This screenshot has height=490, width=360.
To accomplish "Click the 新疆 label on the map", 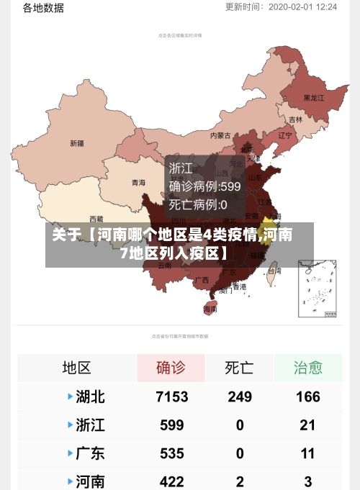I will pos(76,143).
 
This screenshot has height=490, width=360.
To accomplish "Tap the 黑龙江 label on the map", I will pos(314,98).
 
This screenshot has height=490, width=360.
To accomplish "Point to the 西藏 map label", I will pos(96,219).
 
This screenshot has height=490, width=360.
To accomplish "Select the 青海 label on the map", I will pos(138,183).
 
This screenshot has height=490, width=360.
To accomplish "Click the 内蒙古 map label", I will pos(220,135).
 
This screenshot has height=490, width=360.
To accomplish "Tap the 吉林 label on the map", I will pos(295,119).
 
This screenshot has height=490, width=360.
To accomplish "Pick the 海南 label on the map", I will pos(210,309).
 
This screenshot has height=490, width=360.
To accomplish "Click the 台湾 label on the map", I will pos(274,271).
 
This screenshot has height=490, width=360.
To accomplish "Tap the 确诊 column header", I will pos(171,368).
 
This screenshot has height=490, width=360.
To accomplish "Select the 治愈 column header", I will pos(307,368).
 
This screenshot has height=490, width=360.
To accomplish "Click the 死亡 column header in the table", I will pos(239,368).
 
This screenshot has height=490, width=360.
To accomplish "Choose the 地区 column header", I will pos(76,368).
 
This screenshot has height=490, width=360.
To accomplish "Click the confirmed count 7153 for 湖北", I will pos(171,396).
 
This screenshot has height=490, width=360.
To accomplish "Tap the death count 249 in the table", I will pos(240,396).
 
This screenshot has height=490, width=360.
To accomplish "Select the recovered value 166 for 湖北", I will pos(307,396).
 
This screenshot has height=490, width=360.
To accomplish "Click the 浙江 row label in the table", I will pos(90,425).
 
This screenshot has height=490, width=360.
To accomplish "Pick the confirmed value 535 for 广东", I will pos(171,453).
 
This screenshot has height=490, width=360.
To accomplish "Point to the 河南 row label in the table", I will pos(90,481).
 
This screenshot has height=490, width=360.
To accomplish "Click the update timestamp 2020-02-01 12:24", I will pos(302,6).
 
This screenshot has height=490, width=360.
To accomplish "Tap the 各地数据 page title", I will pos(43,8).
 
